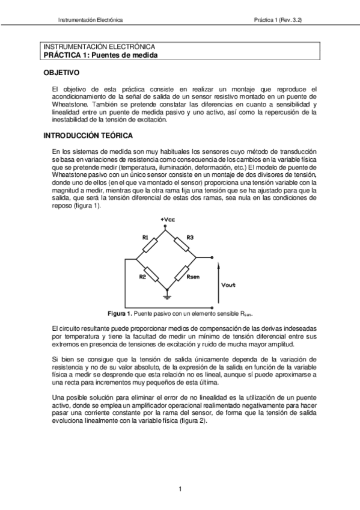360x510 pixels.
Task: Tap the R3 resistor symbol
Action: [182, 244]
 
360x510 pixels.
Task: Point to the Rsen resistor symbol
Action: [182, 273]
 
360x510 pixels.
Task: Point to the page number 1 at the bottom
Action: [180, 488]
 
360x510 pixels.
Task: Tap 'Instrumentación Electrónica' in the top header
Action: [90, 20]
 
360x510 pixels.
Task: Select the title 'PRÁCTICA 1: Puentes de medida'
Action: [100, 54]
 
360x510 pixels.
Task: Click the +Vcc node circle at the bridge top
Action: [168, 228]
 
